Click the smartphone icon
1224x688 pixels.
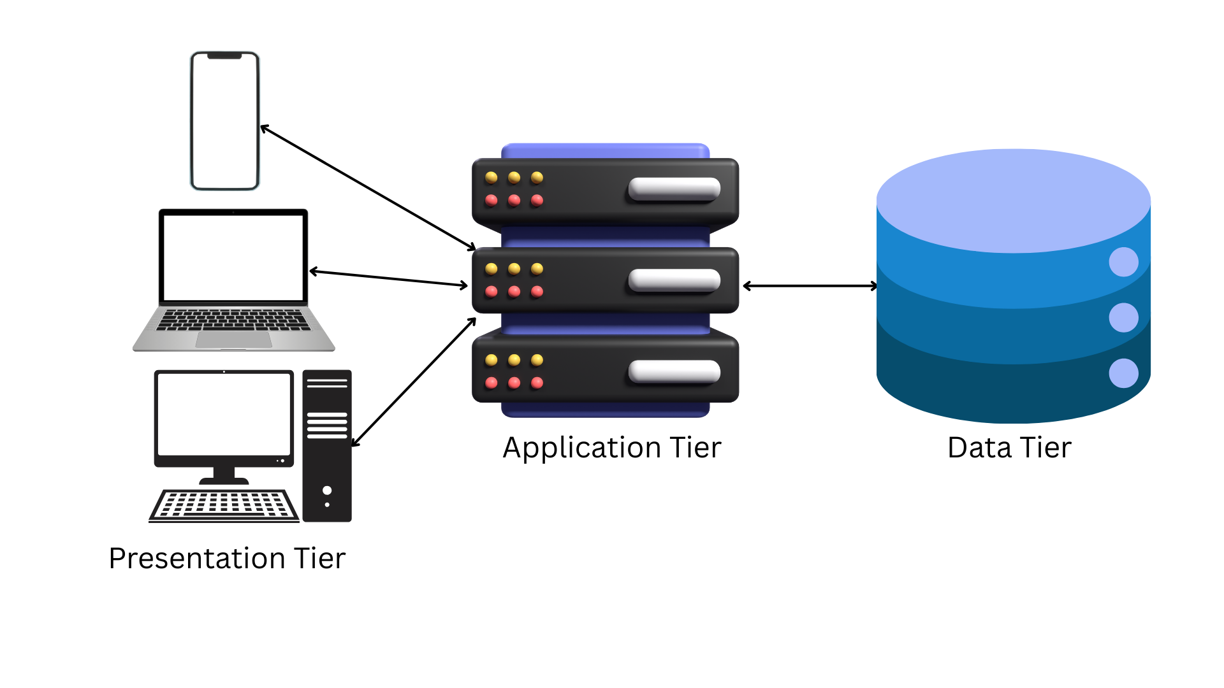click(225, 121)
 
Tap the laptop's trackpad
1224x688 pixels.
click(233, 340)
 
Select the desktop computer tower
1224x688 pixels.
click(327, 446)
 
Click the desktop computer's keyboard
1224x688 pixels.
click(224, 505)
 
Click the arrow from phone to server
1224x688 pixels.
click(368, 188)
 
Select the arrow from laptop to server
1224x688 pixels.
click(389, 278)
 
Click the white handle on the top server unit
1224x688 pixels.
click(674, 189)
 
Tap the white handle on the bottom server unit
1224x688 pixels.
click(674, 371)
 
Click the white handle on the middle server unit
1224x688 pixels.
click(674, 280)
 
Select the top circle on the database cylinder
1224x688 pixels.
click(1123, 262)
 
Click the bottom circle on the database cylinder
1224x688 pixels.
click(1123, 373)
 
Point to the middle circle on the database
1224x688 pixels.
click(1123, 317)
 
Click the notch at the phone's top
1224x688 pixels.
click(224, 56)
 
